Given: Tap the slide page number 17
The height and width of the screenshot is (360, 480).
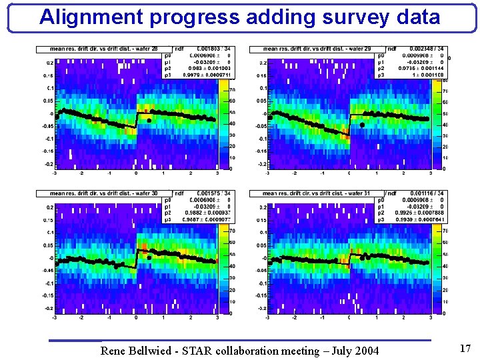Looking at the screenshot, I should coord(465,348).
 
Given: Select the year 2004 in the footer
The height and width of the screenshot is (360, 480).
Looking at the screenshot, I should coord(366,351).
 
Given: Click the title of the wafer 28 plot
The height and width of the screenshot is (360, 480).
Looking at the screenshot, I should coord(107,49).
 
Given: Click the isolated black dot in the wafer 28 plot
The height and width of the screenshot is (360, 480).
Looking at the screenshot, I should coord(149,121).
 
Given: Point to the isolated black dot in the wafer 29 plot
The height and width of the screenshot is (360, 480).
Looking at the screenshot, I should coord(362,125).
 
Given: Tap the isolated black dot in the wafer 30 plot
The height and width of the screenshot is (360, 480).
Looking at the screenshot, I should coord(149,257).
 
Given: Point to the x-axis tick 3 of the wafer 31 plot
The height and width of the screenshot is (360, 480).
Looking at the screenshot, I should coord(430,317).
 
